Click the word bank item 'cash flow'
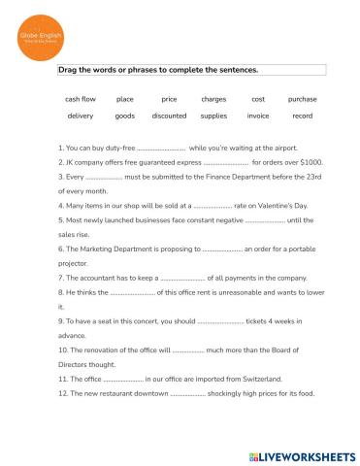pyautogui.click(x=81, y=99)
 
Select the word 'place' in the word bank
pyautogui.click(x=125, y=99)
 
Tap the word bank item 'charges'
pyautogui.click(x=213, y=99)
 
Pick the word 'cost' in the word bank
pyautogui.click(x=258, y=99)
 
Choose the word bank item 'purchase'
pyautogui.click(x=302, y=99)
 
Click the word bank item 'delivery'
pyautogui.click(x=81, y=116)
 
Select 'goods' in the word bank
pyautogui.click(x=125, y=116)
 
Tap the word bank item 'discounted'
pyautogui.click(x=169, y=116)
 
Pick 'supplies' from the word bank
pyautogui.click(x=213, y=116)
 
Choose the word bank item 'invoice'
pyautogui.click(x=258, y=116)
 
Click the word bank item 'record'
pyautogui.click(x=302, y=116)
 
